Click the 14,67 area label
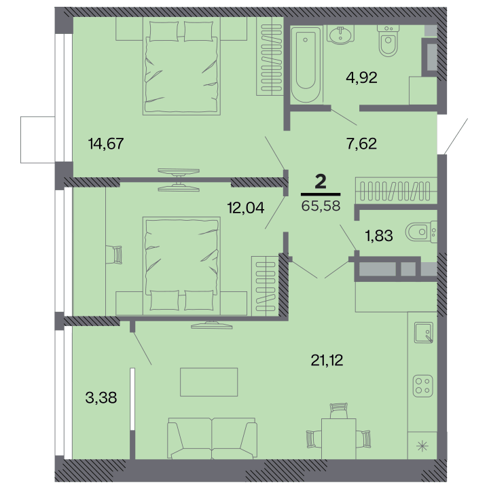[106, 144]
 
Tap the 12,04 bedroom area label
[246, 207]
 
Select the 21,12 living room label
[327, 361]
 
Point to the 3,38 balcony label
[101, 397]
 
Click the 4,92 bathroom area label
[361, 77]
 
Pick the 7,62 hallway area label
[361, 144]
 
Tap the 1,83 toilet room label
[379, 236]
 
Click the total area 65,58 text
[321, 206]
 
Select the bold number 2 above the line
[321, 182]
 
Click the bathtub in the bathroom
[306, 65]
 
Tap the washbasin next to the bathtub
[340, 35]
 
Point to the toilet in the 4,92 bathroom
[388, 41]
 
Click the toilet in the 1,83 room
[421, 232]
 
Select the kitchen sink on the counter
[424, 332]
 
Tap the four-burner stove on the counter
[423, 386]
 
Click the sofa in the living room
[212, 439]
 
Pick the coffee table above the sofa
[209, 382]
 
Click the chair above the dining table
[339, 411]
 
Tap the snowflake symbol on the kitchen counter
[422, 446]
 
